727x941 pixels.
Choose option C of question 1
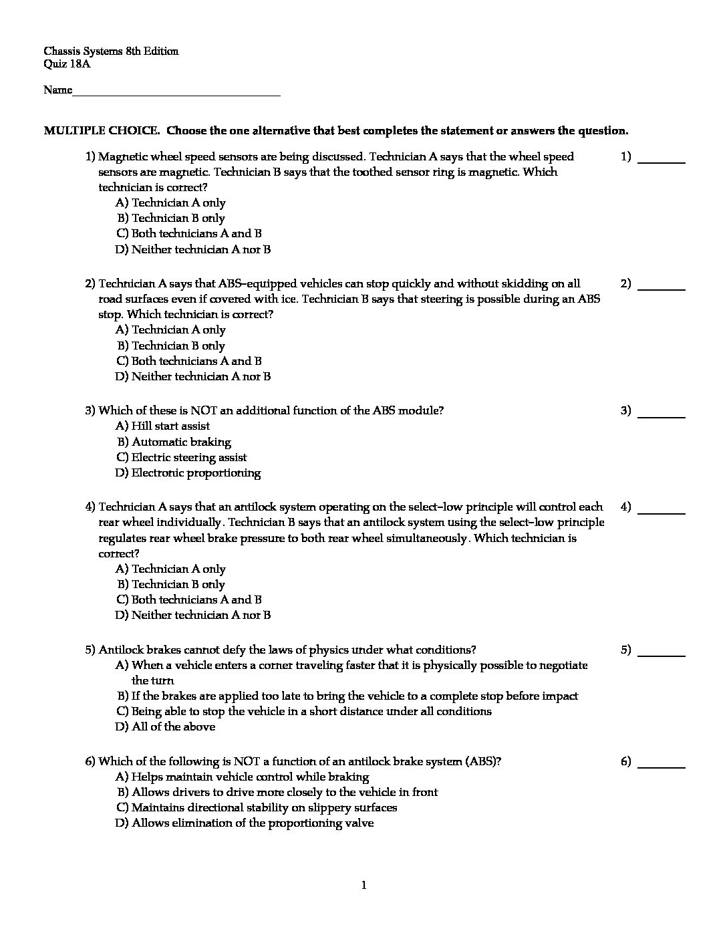(x=188, y=234)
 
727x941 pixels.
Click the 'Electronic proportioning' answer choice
(x=188, y=473)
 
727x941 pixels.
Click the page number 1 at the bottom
(x=363, y=886)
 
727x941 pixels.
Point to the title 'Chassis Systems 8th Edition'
(x=111, y=51)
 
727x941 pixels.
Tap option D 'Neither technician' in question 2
(x=192, y=377)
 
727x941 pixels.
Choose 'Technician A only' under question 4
(x=170, y=569)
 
